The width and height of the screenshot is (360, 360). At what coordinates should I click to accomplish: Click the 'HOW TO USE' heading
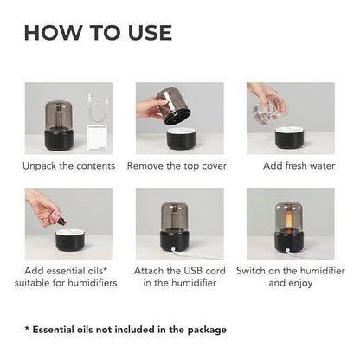point(98,33)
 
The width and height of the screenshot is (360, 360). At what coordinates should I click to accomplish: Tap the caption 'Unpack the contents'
point(69,165)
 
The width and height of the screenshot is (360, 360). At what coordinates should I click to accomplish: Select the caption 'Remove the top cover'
point(180,165)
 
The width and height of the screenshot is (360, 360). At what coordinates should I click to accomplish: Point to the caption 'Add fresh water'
point(291,165)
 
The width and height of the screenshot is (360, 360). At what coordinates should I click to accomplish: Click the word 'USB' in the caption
point(196,271)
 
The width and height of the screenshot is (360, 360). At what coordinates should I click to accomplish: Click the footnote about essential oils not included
point(125,330)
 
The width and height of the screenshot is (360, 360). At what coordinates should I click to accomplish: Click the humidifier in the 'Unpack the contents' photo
point(63,121)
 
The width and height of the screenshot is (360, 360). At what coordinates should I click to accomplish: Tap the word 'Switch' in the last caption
point(262,271)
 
